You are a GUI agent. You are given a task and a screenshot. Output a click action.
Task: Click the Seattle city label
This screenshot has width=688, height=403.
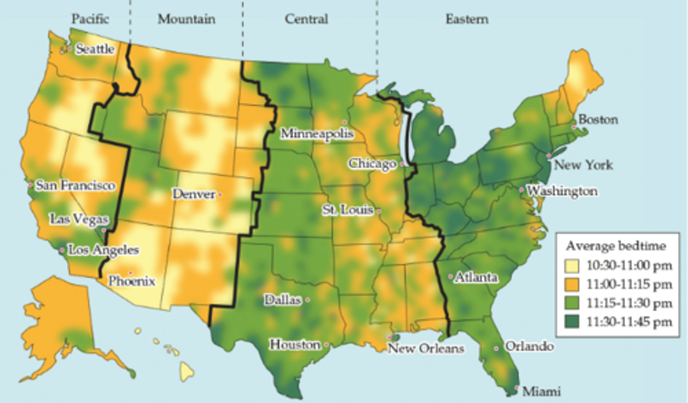(x=95, y=49)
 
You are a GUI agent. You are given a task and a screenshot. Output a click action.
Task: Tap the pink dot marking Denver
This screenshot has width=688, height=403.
(x=220, y=195)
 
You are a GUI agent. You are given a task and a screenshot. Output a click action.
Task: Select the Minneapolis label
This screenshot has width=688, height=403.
(x=317, y=133)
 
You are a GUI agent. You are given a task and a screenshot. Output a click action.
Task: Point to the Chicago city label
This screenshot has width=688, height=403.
(x=372, y=164)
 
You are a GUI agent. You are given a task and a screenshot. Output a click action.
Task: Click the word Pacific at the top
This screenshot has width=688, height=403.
(x=90, y=19)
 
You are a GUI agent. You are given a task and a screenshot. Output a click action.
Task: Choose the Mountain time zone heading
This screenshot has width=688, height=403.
(x=186, y=19)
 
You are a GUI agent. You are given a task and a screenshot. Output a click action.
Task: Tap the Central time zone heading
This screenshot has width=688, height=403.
(x=306, y=19)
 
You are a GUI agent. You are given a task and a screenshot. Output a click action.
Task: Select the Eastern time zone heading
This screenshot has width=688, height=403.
(x=467, y=19)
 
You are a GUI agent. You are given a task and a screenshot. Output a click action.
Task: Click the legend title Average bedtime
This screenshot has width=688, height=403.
(x=615, y=246)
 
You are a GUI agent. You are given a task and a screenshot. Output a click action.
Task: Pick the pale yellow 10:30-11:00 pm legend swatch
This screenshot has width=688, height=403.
(x=571, y=266)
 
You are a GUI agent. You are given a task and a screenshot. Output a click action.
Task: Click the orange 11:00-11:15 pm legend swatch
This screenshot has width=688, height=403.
(x=571, y=284)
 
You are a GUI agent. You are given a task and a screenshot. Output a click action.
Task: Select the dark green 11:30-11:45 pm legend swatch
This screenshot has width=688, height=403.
(x=571, y=322)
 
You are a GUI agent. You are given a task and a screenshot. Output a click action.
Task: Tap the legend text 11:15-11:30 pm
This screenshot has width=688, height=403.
(x=629, y=303)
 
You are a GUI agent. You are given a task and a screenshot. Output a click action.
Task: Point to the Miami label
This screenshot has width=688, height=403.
(x=541, y=392)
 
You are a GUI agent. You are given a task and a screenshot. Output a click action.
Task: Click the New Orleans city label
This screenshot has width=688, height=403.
(x=426, y=349)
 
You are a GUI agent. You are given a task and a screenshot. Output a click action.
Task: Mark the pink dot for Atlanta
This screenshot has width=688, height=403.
(x=451, y=276)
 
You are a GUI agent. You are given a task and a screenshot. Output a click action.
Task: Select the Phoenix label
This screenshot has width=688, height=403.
(x=131, y=281)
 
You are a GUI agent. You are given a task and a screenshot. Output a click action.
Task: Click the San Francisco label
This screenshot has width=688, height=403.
(x=75, y=185)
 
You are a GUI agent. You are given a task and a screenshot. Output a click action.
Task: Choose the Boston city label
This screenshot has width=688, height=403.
(x=598, y=120)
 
